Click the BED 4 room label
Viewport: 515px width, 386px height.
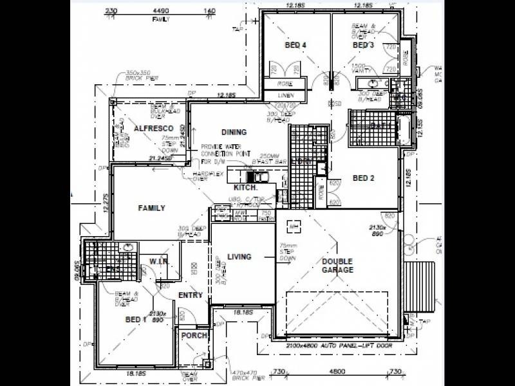(x=295, y=45)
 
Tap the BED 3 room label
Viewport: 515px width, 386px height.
(x=363, y=45)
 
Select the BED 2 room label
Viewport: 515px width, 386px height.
(x=364, y=178)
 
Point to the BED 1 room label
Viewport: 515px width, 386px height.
(x=136, y=320)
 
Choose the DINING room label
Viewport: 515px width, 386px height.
(x=234, y=133)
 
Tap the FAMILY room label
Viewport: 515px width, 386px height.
(x=152, y=208)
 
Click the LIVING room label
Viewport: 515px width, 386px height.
(x=239, y=257)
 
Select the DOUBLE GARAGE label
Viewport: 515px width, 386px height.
(x=337, y=266)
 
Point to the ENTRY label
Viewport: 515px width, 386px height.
(x=191, y=295)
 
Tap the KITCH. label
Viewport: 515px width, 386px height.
(x=246, y=187)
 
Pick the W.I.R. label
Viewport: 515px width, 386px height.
(x=159, y=262)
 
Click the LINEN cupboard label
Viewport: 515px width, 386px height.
(x=286, y=95)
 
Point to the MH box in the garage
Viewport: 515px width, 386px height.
(x=294, y=226)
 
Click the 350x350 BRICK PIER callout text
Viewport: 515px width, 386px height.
(x=142, y=75)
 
